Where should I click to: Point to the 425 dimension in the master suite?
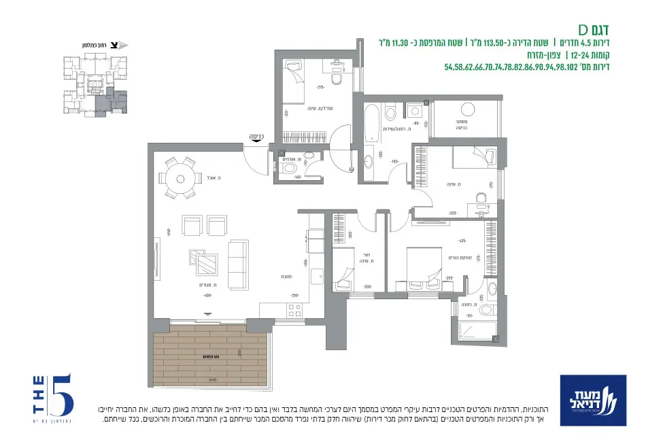[462, 241]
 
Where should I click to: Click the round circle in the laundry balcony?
[468, 109]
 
